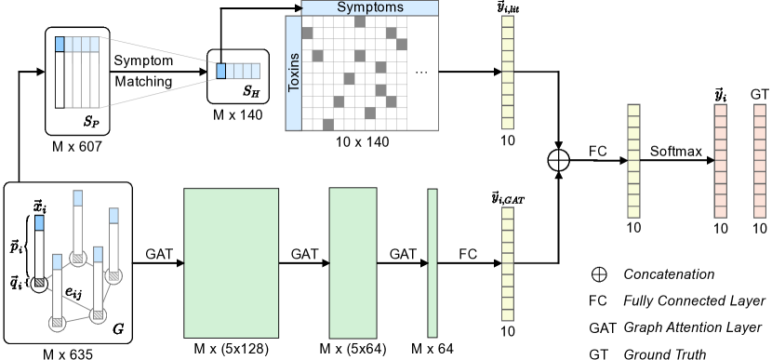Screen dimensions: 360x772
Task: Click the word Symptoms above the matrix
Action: (370, 7)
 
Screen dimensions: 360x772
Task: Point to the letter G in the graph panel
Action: (117, 328)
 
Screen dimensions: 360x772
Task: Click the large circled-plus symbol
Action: (557, 160)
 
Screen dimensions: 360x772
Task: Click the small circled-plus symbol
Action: (599, 273)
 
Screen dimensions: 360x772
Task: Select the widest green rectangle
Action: (231, 263)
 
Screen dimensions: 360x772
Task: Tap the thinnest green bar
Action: (433, 263)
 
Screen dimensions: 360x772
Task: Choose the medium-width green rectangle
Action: (353, 263)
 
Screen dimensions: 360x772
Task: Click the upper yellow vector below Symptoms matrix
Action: (508, 72)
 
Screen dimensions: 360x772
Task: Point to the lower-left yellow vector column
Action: (508, 264)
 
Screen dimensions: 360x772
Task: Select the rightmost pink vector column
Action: (760, 161)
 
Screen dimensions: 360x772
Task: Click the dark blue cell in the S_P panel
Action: (60, 44)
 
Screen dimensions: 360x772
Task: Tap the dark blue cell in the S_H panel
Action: (221, 71)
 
